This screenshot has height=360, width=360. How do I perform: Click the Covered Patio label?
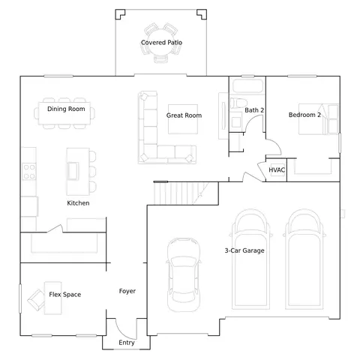(161, 43)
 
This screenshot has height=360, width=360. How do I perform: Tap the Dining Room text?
(66, 109)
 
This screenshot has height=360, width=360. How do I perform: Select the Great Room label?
(184, 115)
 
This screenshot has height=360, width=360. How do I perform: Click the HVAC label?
(277, 170)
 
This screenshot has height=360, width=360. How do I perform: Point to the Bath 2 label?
(254, 110)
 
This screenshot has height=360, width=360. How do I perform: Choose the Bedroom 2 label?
(304, 115)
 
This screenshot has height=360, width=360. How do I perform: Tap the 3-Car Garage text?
(244, 250)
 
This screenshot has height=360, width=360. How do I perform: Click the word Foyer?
(127, 291)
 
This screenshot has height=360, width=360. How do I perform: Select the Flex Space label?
(65, 295)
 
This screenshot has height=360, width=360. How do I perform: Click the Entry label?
(127, 343)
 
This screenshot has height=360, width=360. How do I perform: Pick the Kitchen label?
(78, 203)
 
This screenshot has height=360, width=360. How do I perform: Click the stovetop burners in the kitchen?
(29, 172)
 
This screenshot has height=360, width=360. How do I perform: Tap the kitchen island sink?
(73, 171)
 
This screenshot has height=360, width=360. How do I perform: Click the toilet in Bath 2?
(238, 103)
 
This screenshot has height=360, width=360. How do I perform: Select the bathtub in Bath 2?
(247, 86)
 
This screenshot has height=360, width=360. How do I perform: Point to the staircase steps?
(181, 193)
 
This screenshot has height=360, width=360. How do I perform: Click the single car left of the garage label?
(184, 275)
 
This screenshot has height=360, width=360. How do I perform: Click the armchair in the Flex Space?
(37, 300)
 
